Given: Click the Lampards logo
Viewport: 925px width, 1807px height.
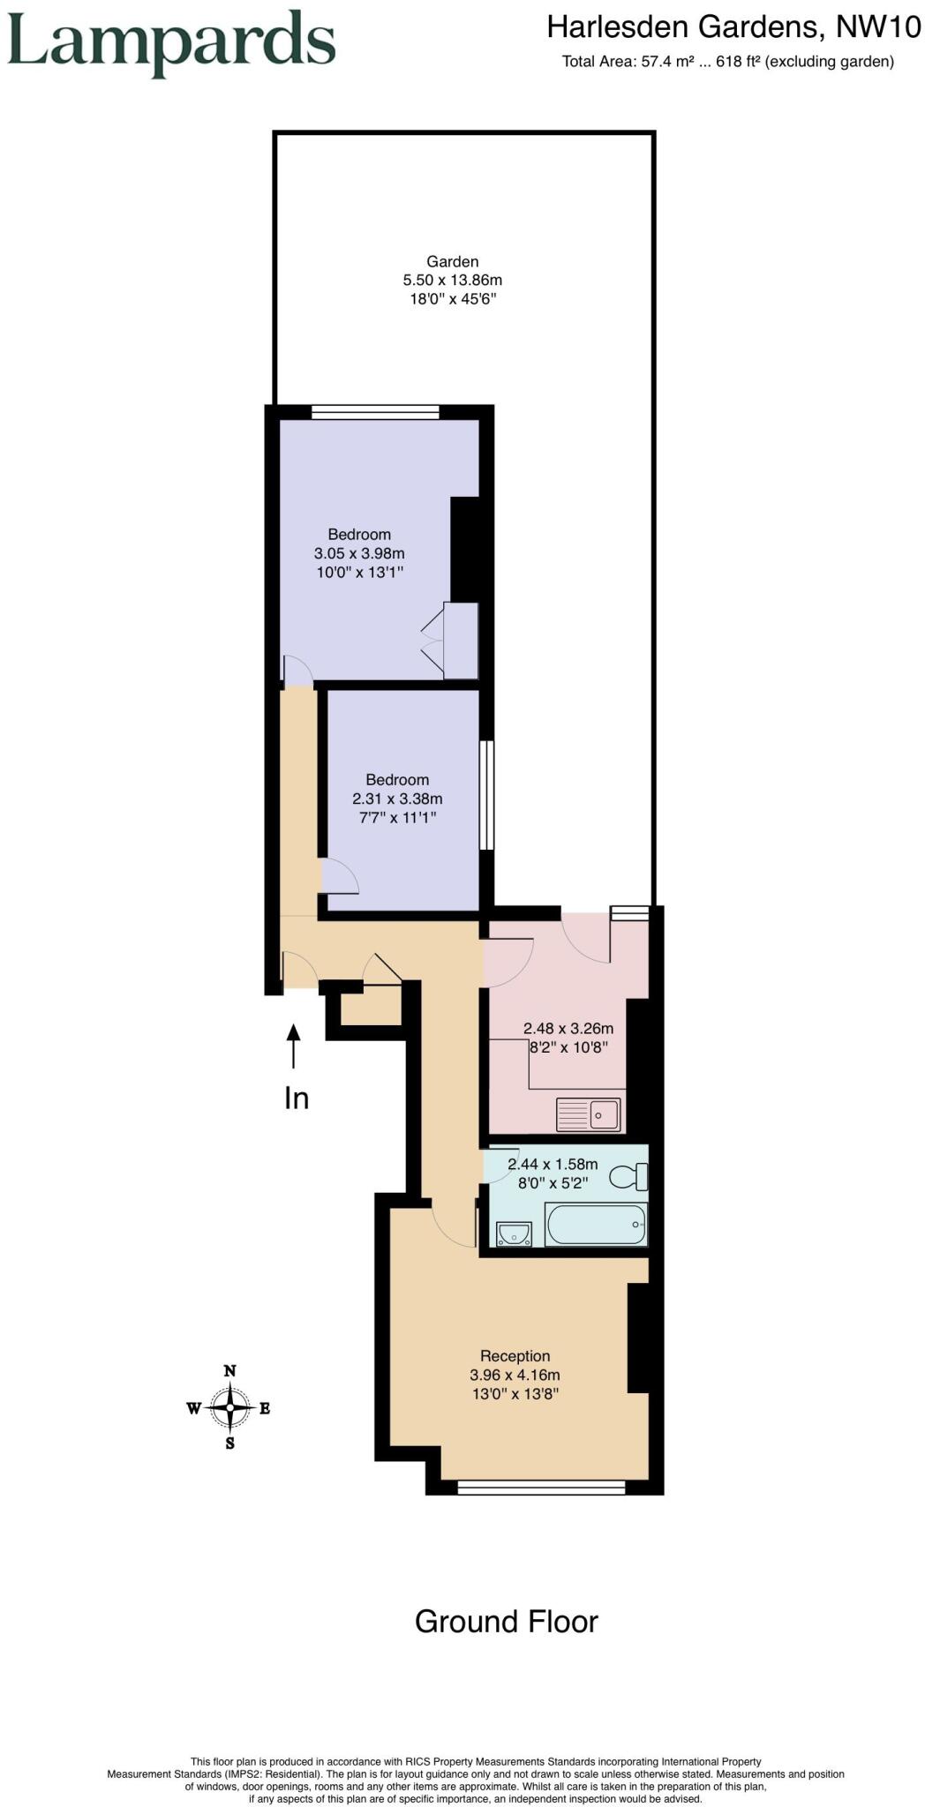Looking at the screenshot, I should (x=171, y=42).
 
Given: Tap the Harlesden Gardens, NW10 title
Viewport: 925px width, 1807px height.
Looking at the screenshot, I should (x=733, y=27).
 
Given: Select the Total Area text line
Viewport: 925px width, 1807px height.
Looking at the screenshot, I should (x=727, y=62).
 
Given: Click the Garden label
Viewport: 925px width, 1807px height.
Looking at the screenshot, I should (x=452, y=261).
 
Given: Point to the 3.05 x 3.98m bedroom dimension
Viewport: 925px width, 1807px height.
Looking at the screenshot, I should (x=359, y=553).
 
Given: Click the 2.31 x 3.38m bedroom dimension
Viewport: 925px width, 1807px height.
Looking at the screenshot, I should (x=397, y=799).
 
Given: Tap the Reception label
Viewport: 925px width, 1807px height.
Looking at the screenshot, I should (x=515, y=1355).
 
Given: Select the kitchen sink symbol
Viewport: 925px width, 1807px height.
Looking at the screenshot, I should (x=589, y=1114).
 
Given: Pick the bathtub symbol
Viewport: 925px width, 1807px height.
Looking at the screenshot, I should (x=596, y=1224).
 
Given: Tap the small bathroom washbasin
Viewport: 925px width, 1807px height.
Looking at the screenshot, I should (x=514, y=1233).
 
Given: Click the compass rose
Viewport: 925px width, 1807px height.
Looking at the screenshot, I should (x=229, y=1407).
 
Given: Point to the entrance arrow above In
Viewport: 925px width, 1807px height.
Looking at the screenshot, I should (x=293, y=1046).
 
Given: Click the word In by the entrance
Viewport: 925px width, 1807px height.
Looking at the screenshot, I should (x=296, y=1098).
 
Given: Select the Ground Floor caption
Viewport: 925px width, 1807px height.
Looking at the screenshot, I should (x=506, y=1621).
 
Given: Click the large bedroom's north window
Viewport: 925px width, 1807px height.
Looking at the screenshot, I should (x=375, y=411).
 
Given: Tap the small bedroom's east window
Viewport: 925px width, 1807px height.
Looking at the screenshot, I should (x=486, y=795).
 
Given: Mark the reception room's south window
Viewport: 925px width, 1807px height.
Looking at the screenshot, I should (x=541, y=1488).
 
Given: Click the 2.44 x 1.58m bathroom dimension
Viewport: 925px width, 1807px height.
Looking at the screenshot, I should (x=553, y=1164).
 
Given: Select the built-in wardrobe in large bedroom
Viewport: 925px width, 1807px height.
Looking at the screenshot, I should (x=460, y=641).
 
